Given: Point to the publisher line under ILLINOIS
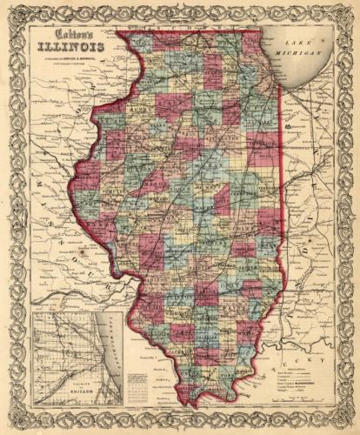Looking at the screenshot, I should click(62, 59).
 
